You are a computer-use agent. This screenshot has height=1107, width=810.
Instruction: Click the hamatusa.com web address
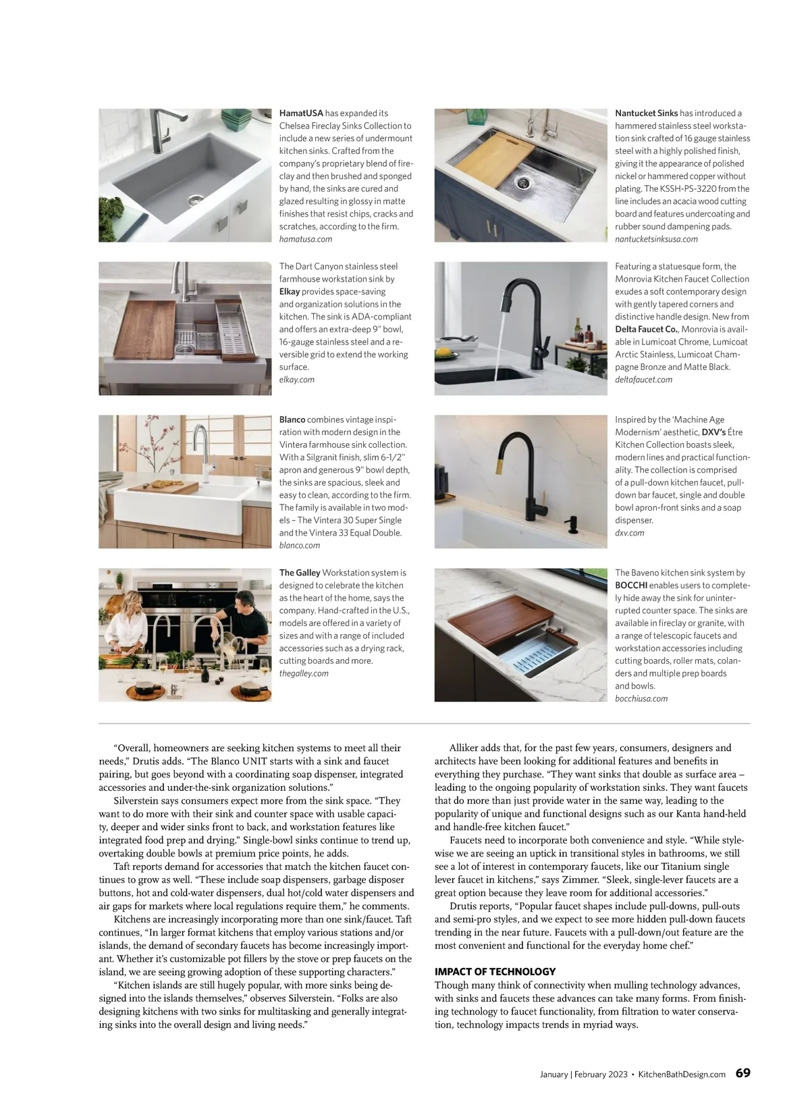pos(306,239)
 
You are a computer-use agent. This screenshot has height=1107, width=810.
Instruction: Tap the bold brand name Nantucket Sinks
pos(646,113)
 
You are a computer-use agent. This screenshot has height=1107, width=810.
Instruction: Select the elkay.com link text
pos(297,380)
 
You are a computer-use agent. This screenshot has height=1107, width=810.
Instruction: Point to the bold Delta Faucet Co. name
pos(646,329)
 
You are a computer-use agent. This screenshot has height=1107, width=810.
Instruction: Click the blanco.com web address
pos(300,545)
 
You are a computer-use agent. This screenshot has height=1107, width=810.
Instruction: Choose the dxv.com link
pos(629,533)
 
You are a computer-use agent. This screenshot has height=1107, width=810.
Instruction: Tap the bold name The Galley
pos(300,573)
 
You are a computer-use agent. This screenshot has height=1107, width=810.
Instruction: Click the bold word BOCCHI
pos(631,586)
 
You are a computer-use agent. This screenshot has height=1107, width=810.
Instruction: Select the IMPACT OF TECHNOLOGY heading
pos(495,971)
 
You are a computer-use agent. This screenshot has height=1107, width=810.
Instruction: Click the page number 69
pos(742,1073)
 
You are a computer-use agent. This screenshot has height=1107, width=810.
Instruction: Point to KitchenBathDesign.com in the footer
pos(682,1075)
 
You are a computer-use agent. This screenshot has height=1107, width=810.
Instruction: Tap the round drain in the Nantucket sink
pos(523,182)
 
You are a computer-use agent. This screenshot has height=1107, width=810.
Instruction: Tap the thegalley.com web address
pos(304,673)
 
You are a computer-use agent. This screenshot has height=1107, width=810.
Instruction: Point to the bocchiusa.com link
pos(641,699)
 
